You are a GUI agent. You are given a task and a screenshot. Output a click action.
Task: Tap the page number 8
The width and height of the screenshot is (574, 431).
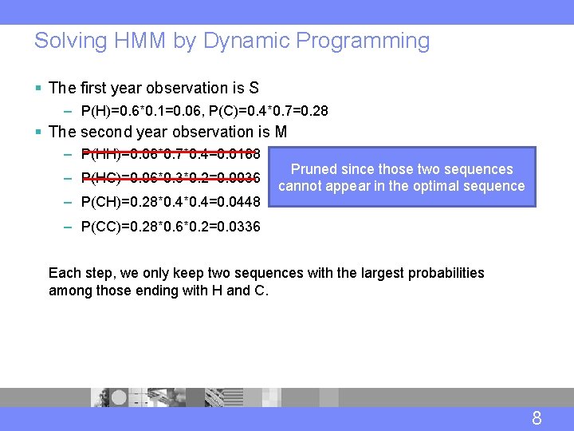(537, 418)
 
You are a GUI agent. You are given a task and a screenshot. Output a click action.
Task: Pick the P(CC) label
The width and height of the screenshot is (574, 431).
(99, 227)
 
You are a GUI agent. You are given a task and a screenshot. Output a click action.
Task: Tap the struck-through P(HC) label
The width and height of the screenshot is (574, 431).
(99, 177)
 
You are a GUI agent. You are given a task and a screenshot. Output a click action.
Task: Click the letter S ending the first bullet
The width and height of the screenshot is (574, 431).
(254, 88)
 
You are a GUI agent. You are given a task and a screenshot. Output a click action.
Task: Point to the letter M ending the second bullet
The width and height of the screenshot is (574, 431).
(281, 132)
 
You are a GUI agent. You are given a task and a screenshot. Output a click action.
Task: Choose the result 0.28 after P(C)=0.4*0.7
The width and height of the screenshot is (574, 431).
(314, 111)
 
